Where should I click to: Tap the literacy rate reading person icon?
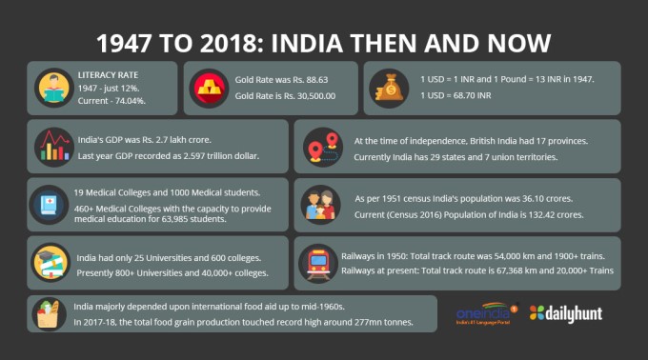click(x=51, y=88)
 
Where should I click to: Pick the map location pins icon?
click(x=317, y=146)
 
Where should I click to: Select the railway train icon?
click(x=317, y=263)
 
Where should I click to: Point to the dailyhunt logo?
click(x=567, y=312)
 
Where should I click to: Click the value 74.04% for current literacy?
click(x=132, y=99)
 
